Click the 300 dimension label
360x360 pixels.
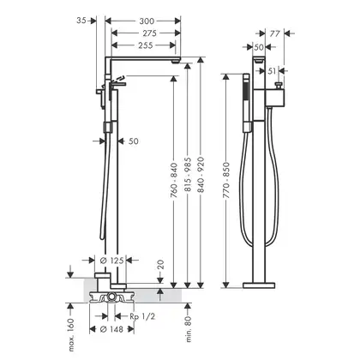pos(147,21)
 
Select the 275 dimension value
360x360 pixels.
pos(150,33)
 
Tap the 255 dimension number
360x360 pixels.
pos(146,45)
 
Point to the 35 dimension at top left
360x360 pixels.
pos(81,21)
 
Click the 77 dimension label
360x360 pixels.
pos(274,33)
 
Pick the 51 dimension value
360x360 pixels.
pos(273,71)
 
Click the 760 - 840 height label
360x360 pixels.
pos(174,180)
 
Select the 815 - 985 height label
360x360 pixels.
pos(188,175)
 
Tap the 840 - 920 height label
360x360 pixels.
pos(201,175)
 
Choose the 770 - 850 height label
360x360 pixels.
pos(226,180)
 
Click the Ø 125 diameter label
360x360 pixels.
pos(111,261)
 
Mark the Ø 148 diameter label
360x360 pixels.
pos(111,329)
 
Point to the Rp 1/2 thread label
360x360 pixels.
pos(142,316)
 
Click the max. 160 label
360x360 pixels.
pos(71,335)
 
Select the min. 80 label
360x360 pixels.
pos(188,329)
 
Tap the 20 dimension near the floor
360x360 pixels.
pos(160,265)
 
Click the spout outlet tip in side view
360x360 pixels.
pos(177,61)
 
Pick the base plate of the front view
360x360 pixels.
pos(259,285)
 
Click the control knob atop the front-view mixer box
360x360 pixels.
pos(278,85)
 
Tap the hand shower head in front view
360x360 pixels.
pos(246,103)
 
